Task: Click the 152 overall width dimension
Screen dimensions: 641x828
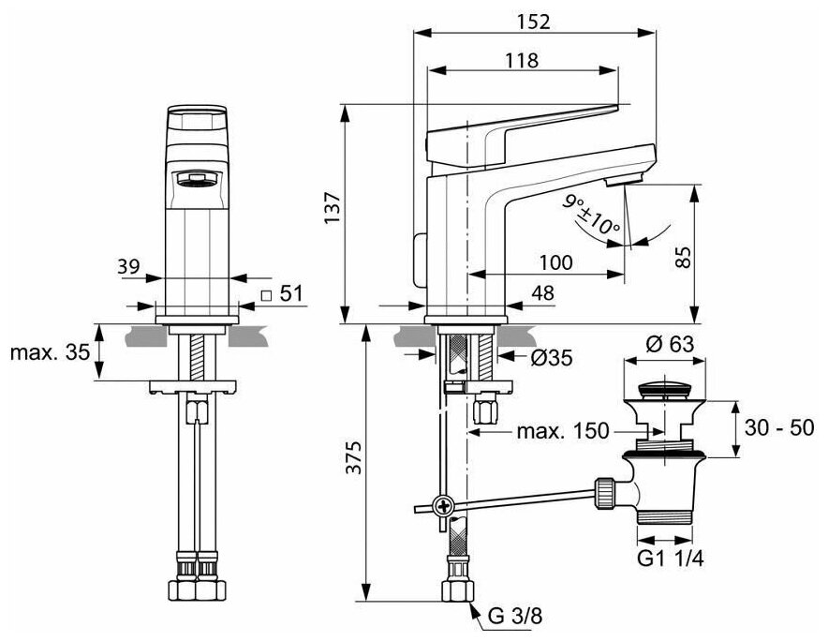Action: point(529,21)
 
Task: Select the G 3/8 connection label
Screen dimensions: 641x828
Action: point(514,618)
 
